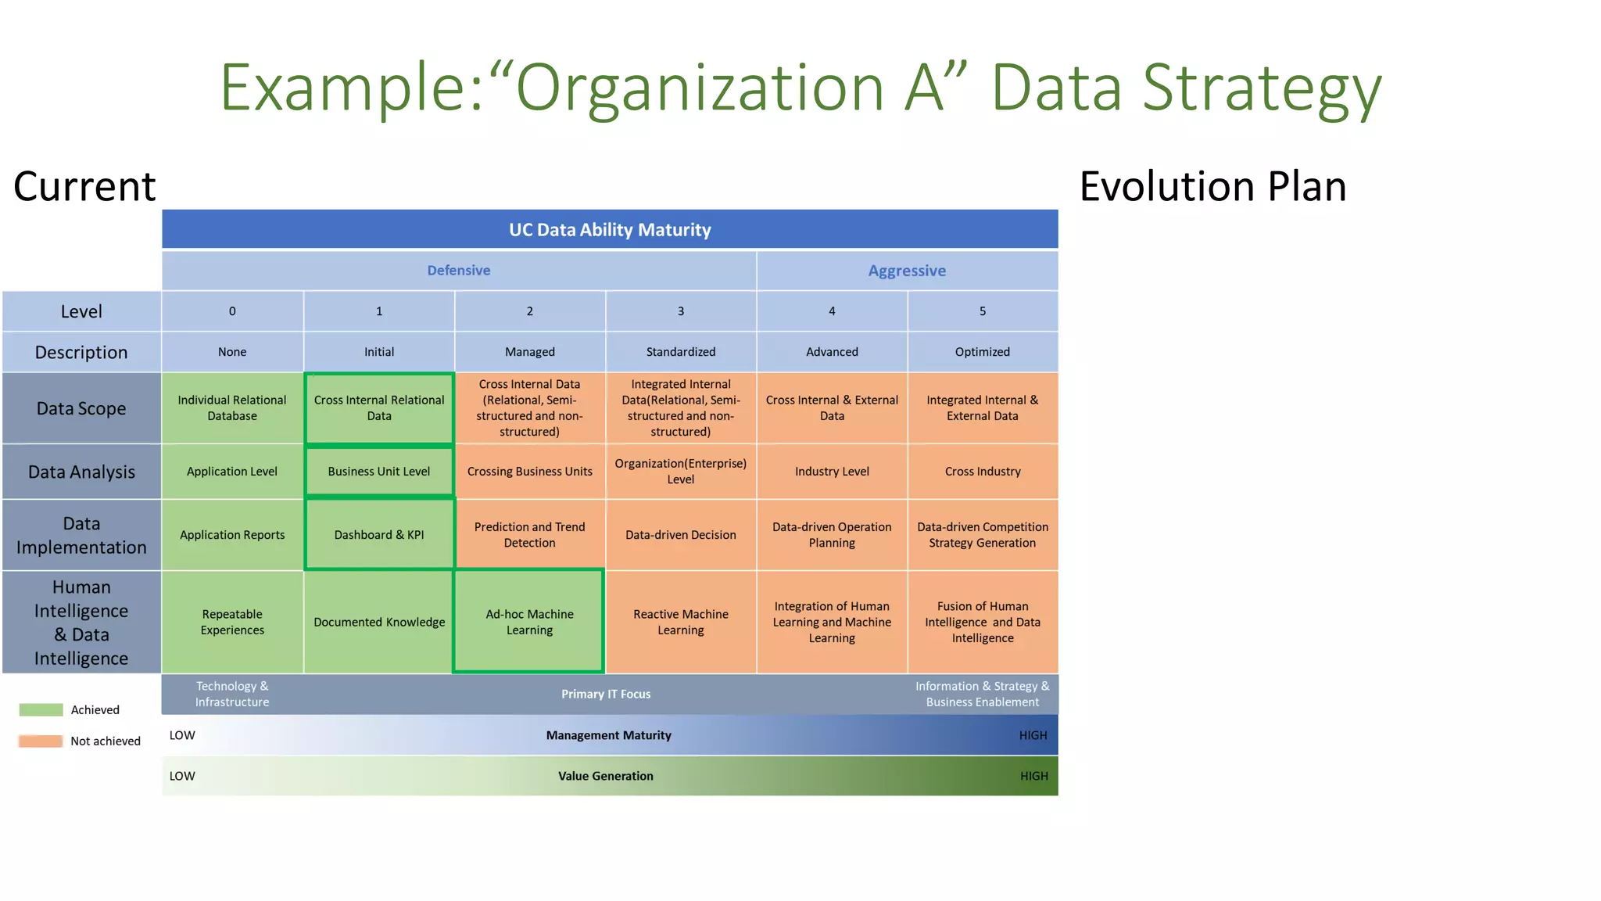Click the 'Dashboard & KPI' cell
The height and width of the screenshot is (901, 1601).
379,535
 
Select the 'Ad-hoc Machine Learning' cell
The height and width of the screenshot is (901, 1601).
529,622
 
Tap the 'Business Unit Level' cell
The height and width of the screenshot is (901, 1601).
379,472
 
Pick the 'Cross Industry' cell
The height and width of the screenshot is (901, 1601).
983,472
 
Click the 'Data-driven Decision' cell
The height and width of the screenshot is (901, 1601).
680,535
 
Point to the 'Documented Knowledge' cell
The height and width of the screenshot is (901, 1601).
379,622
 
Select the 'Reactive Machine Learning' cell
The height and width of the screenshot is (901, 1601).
680,622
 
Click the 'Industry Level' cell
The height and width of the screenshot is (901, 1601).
832,472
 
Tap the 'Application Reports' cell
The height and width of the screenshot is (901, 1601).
232,535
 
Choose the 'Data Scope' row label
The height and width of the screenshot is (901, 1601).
81,408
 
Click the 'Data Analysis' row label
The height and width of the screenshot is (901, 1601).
81,472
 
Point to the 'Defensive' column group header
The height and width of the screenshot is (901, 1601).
459,271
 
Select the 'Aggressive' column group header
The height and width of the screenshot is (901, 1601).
907,271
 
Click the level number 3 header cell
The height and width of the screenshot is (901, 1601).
680,311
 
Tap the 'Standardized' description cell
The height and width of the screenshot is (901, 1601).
680,352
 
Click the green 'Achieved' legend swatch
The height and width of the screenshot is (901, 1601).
41,710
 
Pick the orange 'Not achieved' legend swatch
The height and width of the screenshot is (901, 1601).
41,741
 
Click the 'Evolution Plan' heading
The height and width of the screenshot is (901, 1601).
1212,186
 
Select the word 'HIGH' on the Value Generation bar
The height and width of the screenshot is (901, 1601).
1033,776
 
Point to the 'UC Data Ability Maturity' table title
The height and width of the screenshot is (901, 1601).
610,230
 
